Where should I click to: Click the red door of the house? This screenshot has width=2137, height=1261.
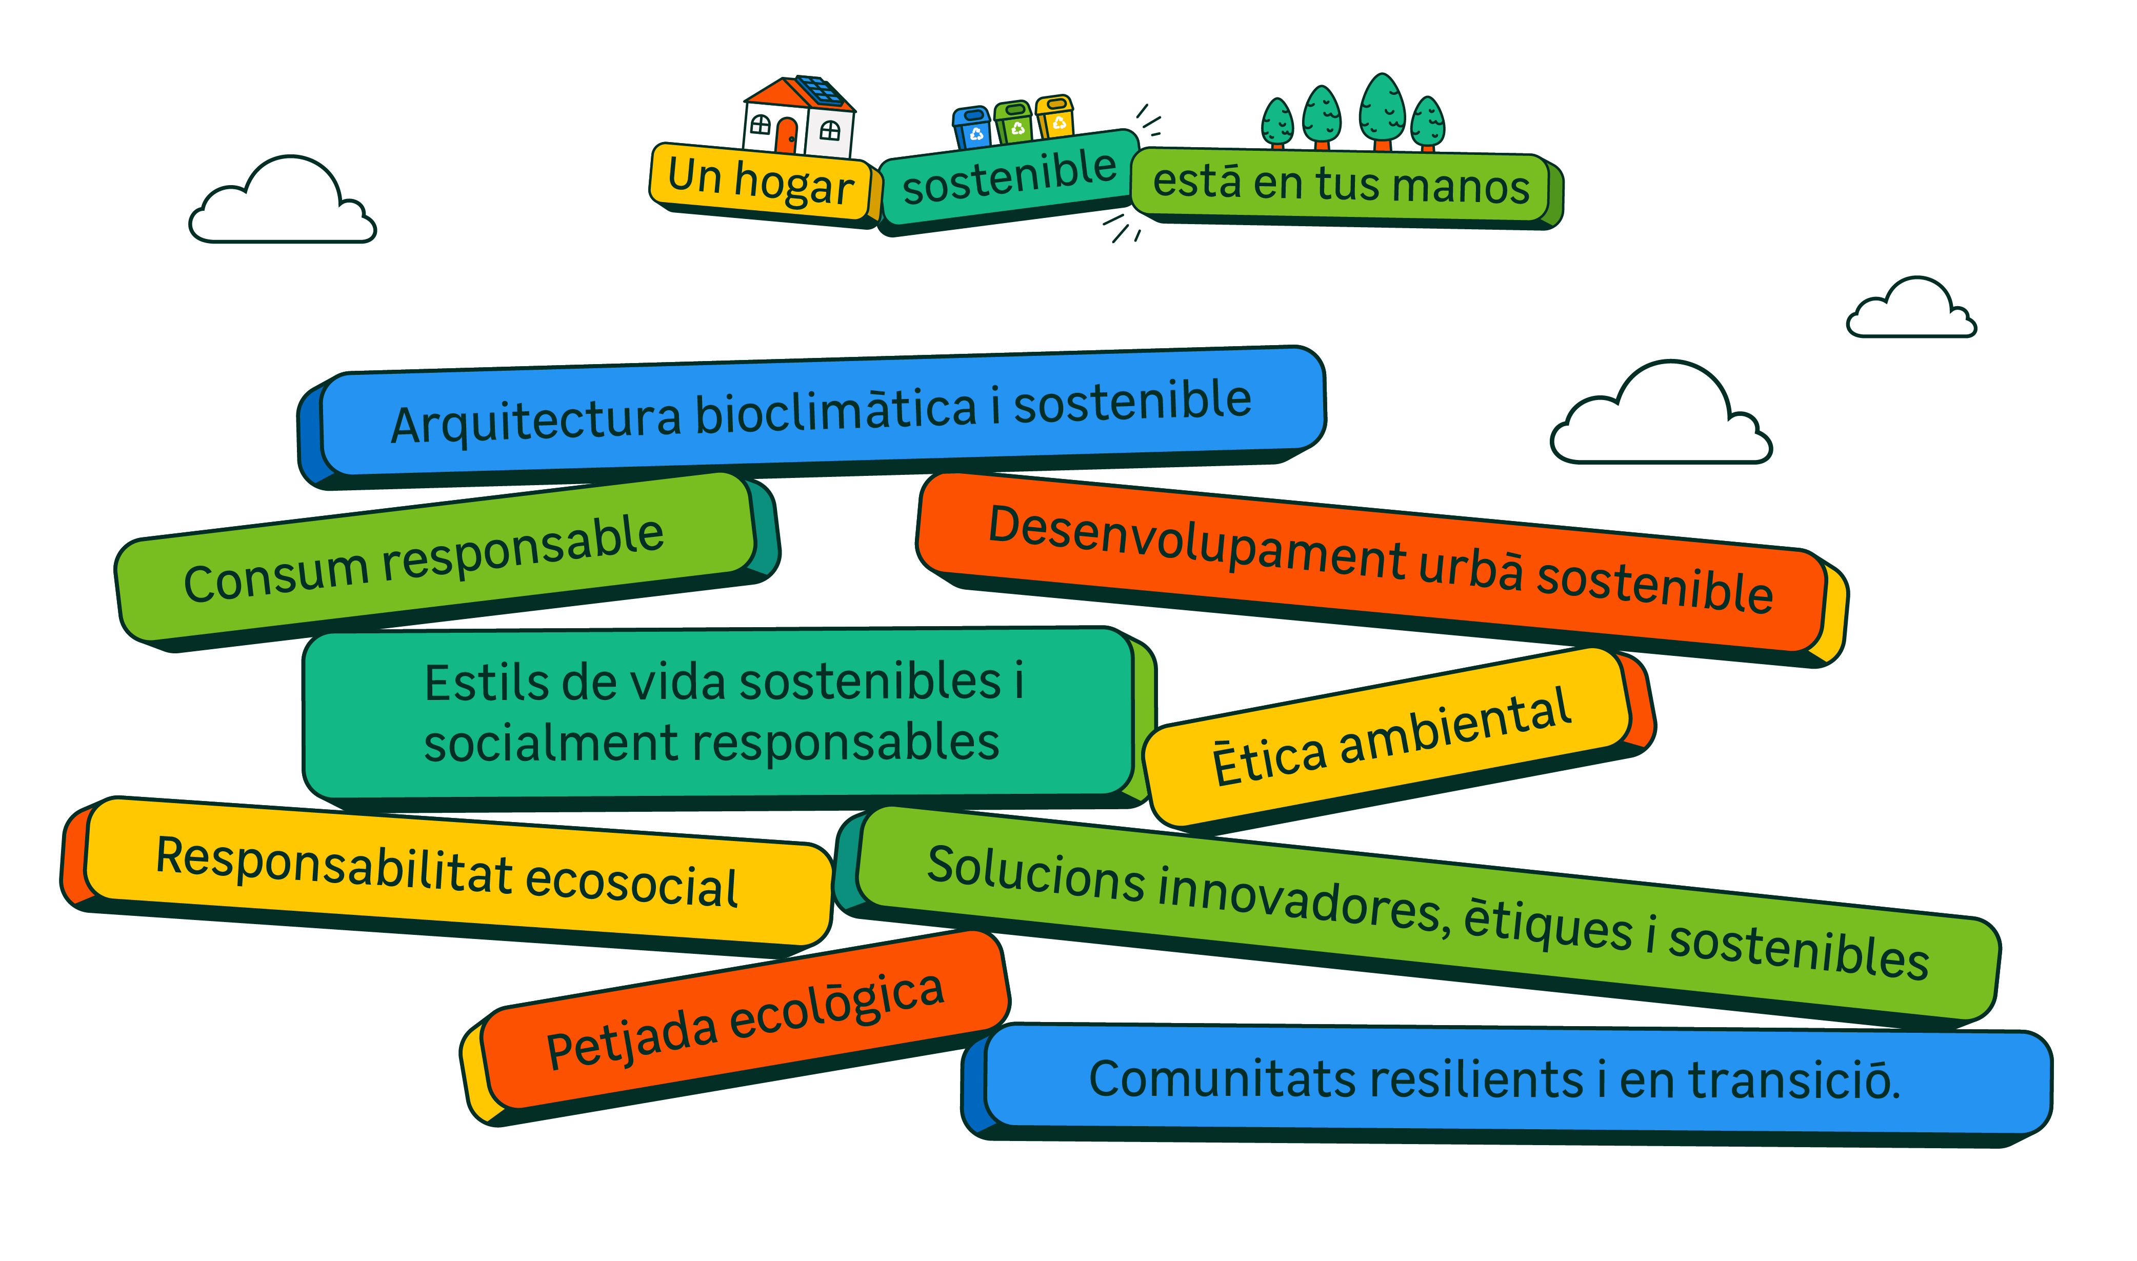787,136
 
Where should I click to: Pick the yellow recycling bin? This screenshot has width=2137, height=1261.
1055,117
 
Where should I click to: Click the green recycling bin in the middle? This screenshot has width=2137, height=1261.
1014,123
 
